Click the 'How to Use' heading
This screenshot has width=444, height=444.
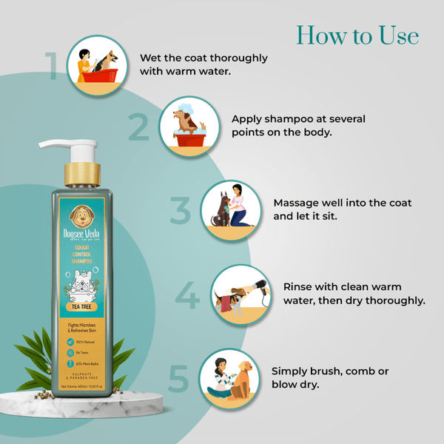pos(357,35)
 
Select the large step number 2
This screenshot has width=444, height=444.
pos(138,127)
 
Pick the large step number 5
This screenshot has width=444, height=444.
pos(178,377)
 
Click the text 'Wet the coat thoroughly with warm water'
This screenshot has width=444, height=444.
pos(203,65)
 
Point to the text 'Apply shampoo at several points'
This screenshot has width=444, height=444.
pos(298,126)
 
